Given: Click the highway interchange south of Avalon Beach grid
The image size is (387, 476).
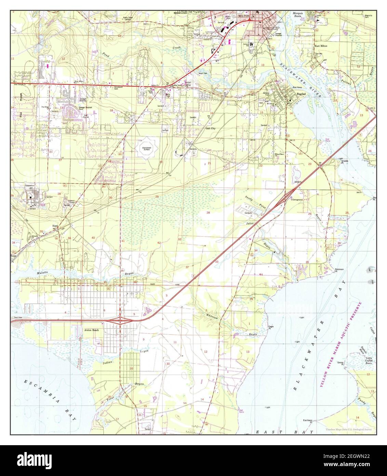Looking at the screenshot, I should (120, 321).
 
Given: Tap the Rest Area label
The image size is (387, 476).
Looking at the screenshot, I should (18, 318).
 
